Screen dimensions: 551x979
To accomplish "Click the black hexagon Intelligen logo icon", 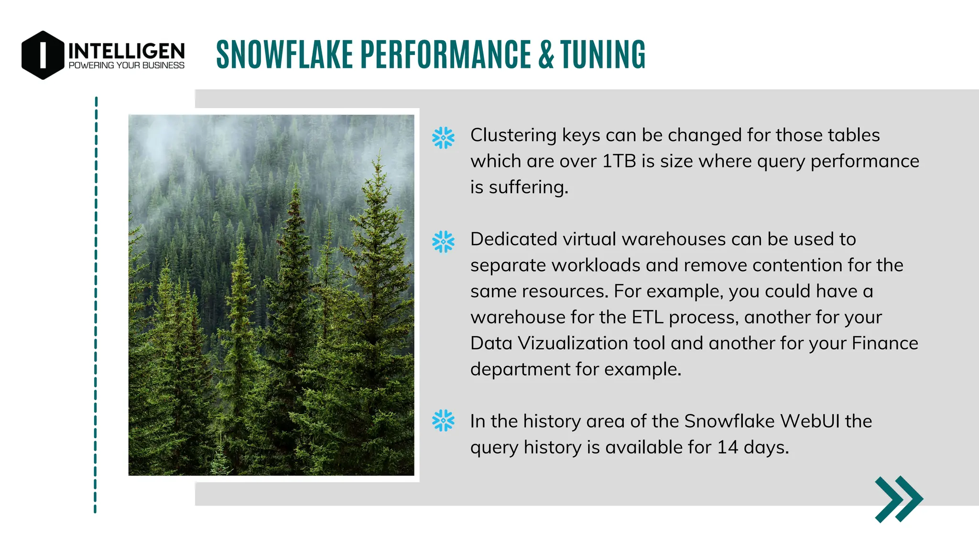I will (x=43, y=55).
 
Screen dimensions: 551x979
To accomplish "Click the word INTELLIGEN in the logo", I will (x=127, y=51).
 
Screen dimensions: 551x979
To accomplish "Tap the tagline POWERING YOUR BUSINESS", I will (x=127, y=66).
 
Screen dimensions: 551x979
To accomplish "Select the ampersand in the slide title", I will (x=546, y=55).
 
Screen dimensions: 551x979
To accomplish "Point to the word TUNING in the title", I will (x=603, y=55).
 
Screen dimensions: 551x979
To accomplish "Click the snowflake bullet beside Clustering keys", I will (x=443, y=138).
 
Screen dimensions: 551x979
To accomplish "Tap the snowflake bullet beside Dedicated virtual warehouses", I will (x=443, y=242).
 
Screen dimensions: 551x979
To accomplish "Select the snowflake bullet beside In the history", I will (x=443, y=420).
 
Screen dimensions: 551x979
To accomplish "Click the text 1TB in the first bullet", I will (x=619, y=161).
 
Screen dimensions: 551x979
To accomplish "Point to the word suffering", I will (x=528, y=187).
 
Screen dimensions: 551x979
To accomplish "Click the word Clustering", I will (x=513, y=135).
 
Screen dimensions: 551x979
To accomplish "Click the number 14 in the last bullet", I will (x=728, y=447).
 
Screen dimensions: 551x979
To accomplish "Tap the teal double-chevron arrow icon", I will (x=899, y=499).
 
